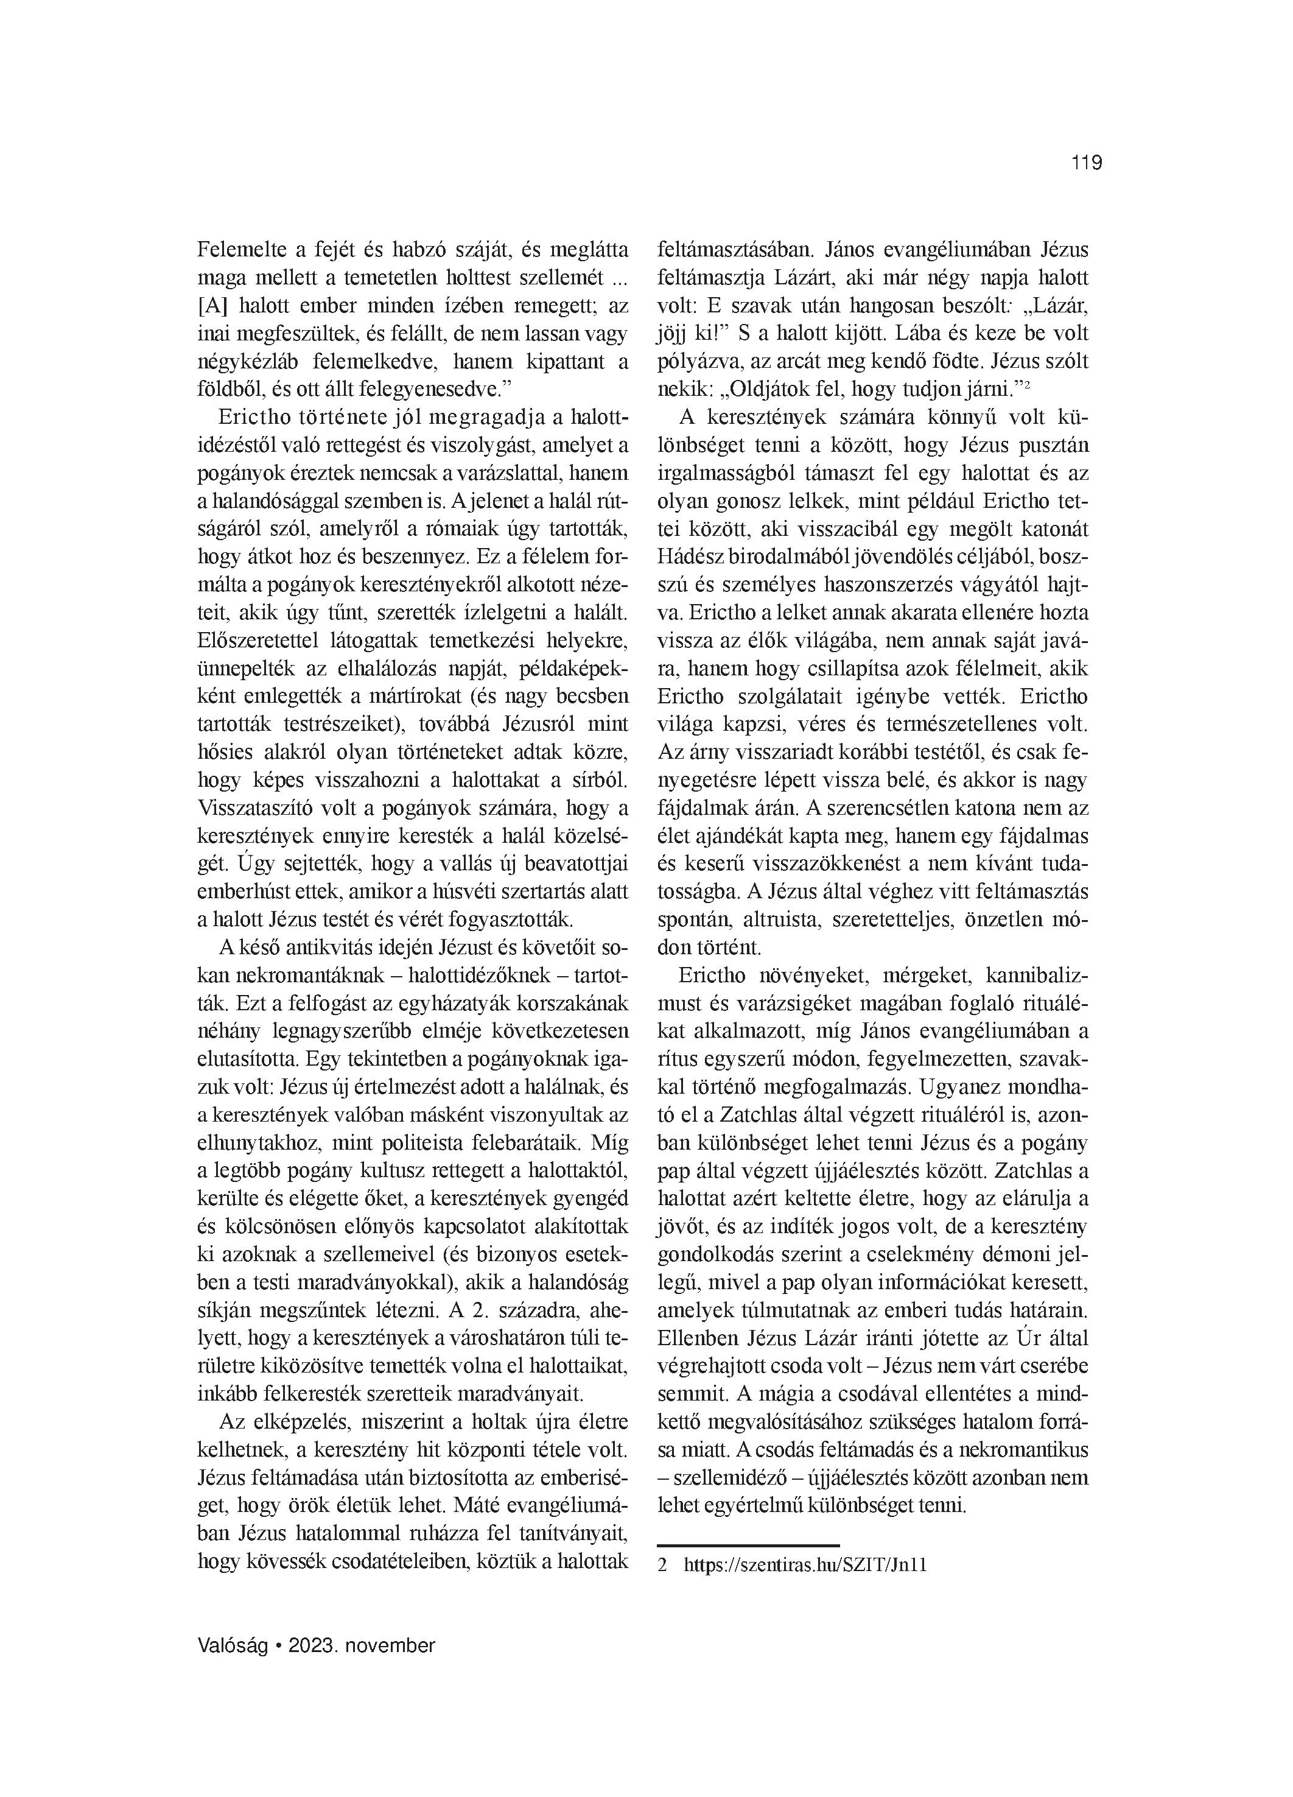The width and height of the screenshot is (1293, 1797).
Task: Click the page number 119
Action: [x=1086, y=163]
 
